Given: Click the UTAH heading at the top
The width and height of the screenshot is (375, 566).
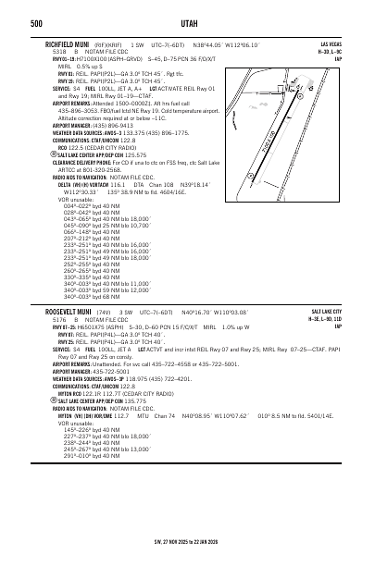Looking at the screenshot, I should pos(187,22).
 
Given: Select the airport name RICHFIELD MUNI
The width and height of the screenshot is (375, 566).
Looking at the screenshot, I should pos(70,43).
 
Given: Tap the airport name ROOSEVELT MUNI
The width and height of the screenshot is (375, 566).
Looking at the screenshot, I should pos(72,313).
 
